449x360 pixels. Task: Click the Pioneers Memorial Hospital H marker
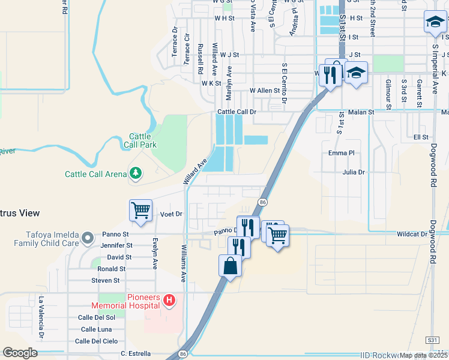tap(170, 299)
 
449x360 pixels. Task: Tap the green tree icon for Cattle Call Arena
tap(136, 173)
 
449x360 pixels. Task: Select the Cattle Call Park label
tap(140, 140)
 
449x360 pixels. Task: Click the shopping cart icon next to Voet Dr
tap(140, 211)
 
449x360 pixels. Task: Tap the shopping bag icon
tap(231, 265)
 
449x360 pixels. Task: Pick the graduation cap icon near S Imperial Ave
tap(435, 23)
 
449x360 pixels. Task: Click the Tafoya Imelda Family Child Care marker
tap(88, 238)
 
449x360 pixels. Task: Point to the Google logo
tap(20, 353)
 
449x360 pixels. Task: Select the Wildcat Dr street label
tap(411, 234)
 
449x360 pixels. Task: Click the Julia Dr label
tap(354, 172)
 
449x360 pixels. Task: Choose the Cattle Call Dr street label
tap(237, 112)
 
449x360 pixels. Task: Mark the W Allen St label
tap(265, 91)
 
